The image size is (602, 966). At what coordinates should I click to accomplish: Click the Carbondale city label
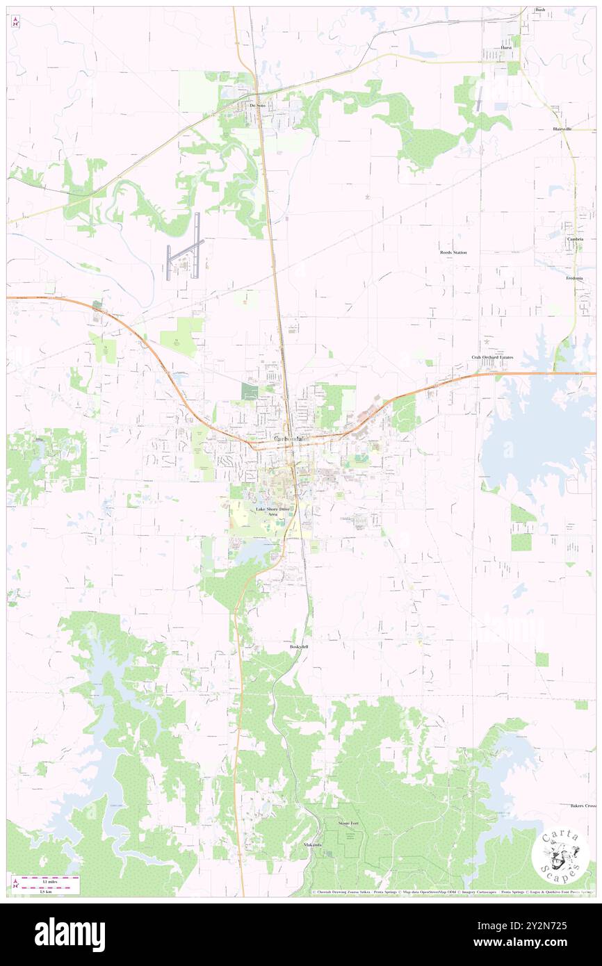pyautogui.click(x=292, y=439)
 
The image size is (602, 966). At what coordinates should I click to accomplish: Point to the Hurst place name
pyautogui.click(x=506, y=48)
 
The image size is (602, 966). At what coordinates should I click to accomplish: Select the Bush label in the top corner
pyautogui.click(x=540, y=10)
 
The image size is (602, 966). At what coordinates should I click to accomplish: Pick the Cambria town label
pyautogui.click(x=574, y=238)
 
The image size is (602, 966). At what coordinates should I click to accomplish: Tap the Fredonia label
pyautogui.click(x=574, y=277)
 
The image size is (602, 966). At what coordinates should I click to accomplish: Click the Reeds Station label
pyautogui.click(x=453, y=252)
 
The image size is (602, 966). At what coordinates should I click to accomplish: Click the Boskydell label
pyautogui.click(x=298, y=646)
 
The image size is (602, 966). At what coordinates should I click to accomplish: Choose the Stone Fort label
pyautogui.click(x=348, y=823)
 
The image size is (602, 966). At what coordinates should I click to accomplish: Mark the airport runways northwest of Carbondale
pyautogui.click(x=184, y=246)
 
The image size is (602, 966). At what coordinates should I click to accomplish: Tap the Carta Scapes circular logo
pyautogui.click(x=560, y=856)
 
